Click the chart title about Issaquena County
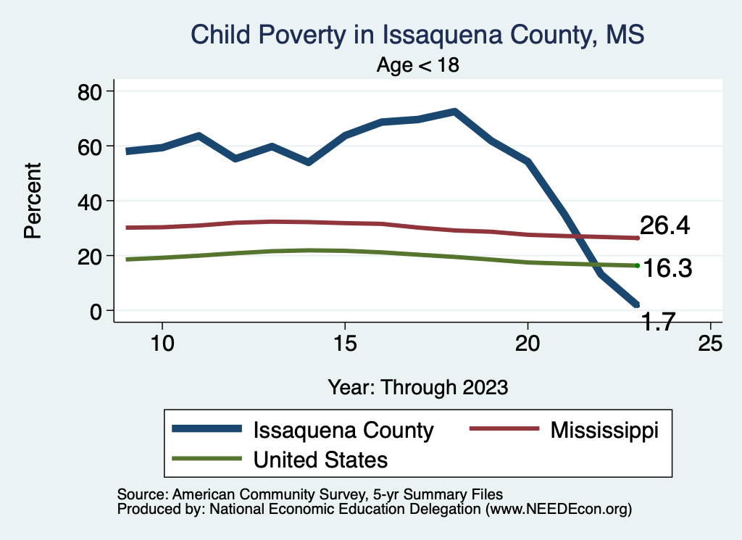[x=417, y=34]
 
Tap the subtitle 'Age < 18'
[x=418, y=65]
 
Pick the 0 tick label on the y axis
[x=96, y=311]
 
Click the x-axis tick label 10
[x=162, y=344]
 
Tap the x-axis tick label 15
[x=345, y=344]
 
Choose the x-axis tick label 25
[x=710, y=344]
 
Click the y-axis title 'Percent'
[x=33, y=201]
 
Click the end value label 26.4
[x=664, y=225]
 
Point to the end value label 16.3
[x=667, y=269]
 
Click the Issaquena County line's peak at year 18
[x=454, y=112]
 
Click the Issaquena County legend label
[x=343, y=430]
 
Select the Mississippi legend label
[x=604, y=430]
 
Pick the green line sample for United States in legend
[x=207, y=459]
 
